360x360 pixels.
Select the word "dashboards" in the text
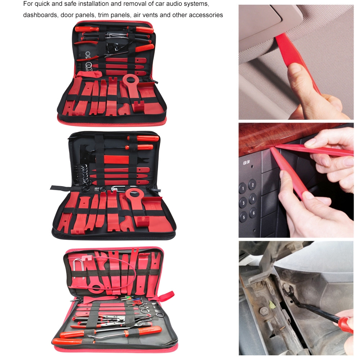click(40, 15)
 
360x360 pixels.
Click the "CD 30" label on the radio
click(246, 163)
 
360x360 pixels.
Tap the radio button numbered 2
click(252, 184)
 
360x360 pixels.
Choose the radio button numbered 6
click(253, 213)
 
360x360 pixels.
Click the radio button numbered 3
click(243, 203)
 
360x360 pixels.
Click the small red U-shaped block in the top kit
click(139, 106)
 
